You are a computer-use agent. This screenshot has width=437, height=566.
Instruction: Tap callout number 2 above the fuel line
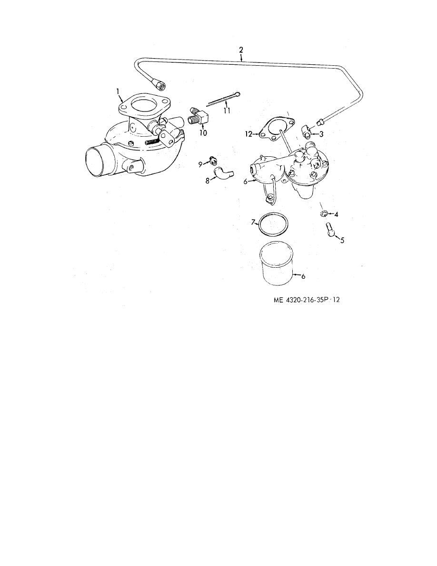coord(241,50)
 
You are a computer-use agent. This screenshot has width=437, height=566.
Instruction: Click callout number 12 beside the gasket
coord(248,134)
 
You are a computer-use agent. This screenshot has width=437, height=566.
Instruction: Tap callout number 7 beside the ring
coord(253,222)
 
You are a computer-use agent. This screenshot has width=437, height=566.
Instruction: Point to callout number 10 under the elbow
coord(203,133)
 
